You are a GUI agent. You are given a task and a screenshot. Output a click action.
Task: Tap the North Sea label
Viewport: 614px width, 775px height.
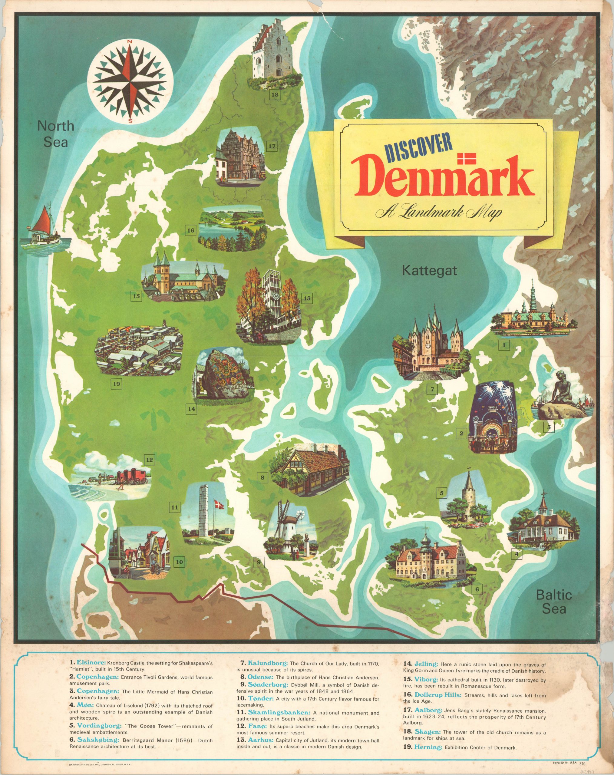[56, 134]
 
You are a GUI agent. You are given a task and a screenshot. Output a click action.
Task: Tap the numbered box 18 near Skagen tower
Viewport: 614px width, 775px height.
[275, 95]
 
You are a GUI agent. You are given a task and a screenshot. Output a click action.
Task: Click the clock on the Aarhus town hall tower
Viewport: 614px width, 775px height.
[276, 296]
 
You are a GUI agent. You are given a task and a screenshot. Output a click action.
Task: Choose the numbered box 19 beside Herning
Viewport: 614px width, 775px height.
[116, 384]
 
